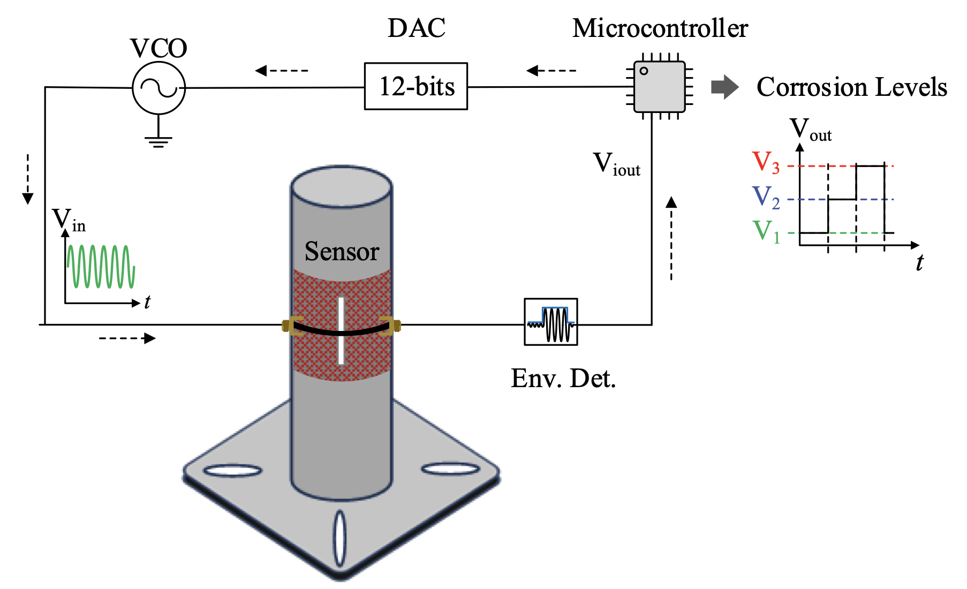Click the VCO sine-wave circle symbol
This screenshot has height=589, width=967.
(x=158, y=88)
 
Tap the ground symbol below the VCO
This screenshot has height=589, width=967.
(x=158, y=140)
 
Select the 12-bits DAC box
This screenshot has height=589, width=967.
(x=415, y=86)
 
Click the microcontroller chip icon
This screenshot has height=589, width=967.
(x=659, y=86)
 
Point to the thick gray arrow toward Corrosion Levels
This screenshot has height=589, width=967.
(x=724, y=87)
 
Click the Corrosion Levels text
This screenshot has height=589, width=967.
(x=851, y=87)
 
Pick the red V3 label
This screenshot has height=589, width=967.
(x=765, y=162)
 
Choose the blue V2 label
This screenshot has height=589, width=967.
(x=765, y=197)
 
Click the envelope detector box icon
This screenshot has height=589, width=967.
(x=550, y=322)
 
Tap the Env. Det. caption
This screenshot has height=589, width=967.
(x=563, y=379)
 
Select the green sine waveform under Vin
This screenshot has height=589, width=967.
(x=101, y=266)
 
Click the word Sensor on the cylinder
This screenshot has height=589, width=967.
(x=342, y=251)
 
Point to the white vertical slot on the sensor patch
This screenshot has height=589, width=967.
(x=341, y=330)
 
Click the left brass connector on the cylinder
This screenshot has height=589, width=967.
(x=289, y=325)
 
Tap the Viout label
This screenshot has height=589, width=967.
(x=616, y=163)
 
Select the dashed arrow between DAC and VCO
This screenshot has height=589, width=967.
(x=282, y=70)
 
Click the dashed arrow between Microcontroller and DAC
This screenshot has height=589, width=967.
(x=551, y=70)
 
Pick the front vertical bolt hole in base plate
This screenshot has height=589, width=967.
(x=339, y=539)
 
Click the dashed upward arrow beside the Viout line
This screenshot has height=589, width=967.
(x=671, y=238)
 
